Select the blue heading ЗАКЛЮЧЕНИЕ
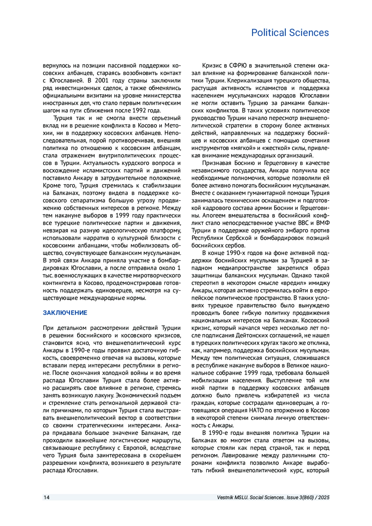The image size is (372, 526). [65, 313]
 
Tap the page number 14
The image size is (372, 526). [46, 497]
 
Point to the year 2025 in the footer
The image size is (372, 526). [323, 497]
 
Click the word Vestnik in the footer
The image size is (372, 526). [225, 497]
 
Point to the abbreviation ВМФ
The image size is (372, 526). [323, 223]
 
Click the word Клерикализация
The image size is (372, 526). [250, 81]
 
